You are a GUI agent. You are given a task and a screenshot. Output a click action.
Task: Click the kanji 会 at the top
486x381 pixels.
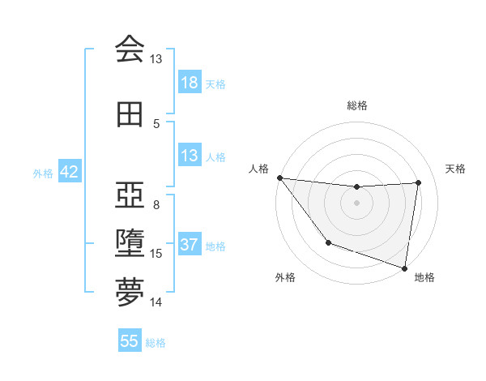130,49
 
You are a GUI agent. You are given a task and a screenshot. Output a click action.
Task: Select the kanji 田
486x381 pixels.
130,115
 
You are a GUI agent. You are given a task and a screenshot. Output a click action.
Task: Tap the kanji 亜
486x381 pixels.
130,195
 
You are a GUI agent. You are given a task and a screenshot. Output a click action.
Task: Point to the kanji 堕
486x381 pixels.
130,244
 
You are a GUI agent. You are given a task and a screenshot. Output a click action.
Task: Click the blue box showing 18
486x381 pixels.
190,83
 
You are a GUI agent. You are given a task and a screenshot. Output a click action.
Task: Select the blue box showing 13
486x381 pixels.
190,156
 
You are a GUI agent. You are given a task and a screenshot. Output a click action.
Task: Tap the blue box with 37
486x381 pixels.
190,245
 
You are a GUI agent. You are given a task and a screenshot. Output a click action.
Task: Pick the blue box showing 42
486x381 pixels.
69,172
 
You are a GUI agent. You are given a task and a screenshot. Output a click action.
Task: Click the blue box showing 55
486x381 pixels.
130,341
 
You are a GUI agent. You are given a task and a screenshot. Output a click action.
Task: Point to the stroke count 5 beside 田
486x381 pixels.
156,124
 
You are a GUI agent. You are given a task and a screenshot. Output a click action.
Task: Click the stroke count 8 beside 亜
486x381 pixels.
156,204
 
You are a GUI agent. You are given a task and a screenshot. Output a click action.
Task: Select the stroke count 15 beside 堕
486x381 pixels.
156,254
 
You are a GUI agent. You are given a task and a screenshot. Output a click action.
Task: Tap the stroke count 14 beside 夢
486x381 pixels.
156,302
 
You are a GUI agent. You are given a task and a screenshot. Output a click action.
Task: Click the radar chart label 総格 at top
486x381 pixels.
356,105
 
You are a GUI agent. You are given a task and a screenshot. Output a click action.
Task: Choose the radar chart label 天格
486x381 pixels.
456,169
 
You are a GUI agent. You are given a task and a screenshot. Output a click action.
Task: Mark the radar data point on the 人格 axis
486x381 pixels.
279,178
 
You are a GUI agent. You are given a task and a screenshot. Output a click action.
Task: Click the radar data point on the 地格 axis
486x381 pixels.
404,268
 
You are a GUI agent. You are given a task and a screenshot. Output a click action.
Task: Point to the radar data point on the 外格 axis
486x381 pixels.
328,242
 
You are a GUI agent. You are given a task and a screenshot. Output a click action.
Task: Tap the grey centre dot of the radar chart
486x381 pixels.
356,203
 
